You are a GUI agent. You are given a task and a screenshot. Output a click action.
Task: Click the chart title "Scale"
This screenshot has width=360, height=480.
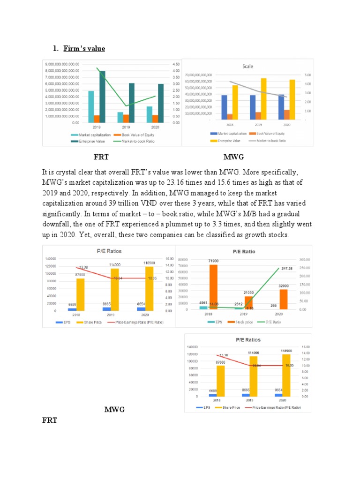click(247, 66)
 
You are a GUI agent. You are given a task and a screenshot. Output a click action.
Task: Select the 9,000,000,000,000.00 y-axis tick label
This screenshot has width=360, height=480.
click(62, 64)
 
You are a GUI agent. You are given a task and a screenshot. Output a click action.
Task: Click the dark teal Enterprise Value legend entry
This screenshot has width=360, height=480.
click(94, 141)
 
